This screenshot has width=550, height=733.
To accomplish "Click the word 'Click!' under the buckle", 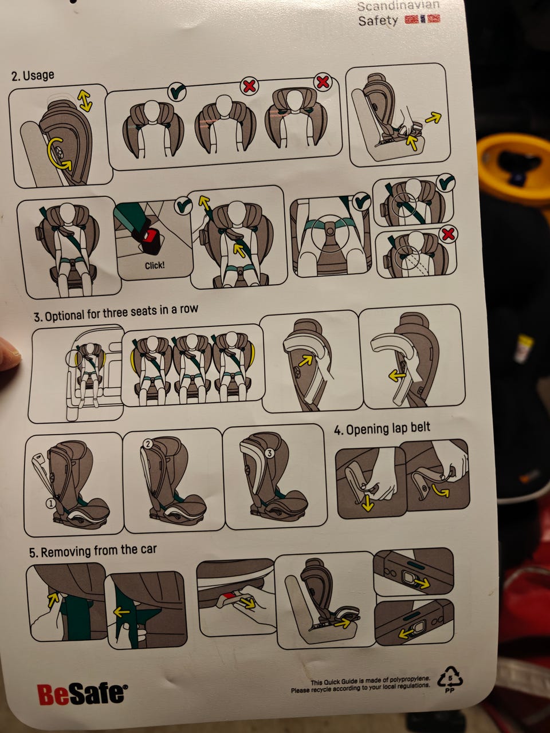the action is pyautogui.click(x=155, y=266).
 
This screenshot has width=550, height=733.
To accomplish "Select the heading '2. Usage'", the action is pyautogui.click(x=33, y=76).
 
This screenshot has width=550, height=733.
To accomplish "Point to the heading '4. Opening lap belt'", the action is pyautogui.click(x=382, y=429).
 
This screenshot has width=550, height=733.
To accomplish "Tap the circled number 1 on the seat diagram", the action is pyautogui.click(x=51, y=503).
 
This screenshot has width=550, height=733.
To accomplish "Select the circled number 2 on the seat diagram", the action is pyautogui.click(x=148, y=444).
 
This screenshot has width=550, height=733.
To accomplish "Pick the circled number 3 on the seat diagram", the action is pyautogui.click(x=270, y=453).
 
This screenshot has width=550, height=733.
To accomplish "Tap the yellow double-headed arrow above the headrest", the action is pyautogui.click(x=85, y=101).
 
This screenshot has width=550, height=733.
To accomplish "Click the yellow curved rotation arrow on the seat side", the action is pyautogui.click(x=60, y=153).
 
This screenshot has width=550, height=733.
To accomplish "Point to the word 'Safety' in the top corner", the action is pyautogui.click(x=378, y=21).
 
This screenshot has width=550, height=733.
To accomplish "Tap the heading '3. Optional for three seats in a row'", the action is pyautogui.click(x=116, y=312).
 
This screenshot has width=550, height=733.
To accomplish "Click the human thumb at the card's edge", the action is pyautogui.click(x=9, y=354).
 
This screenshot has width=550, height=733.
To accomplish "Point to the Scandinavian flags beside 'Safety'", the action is pyautogui.click(x=422, y=19).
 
